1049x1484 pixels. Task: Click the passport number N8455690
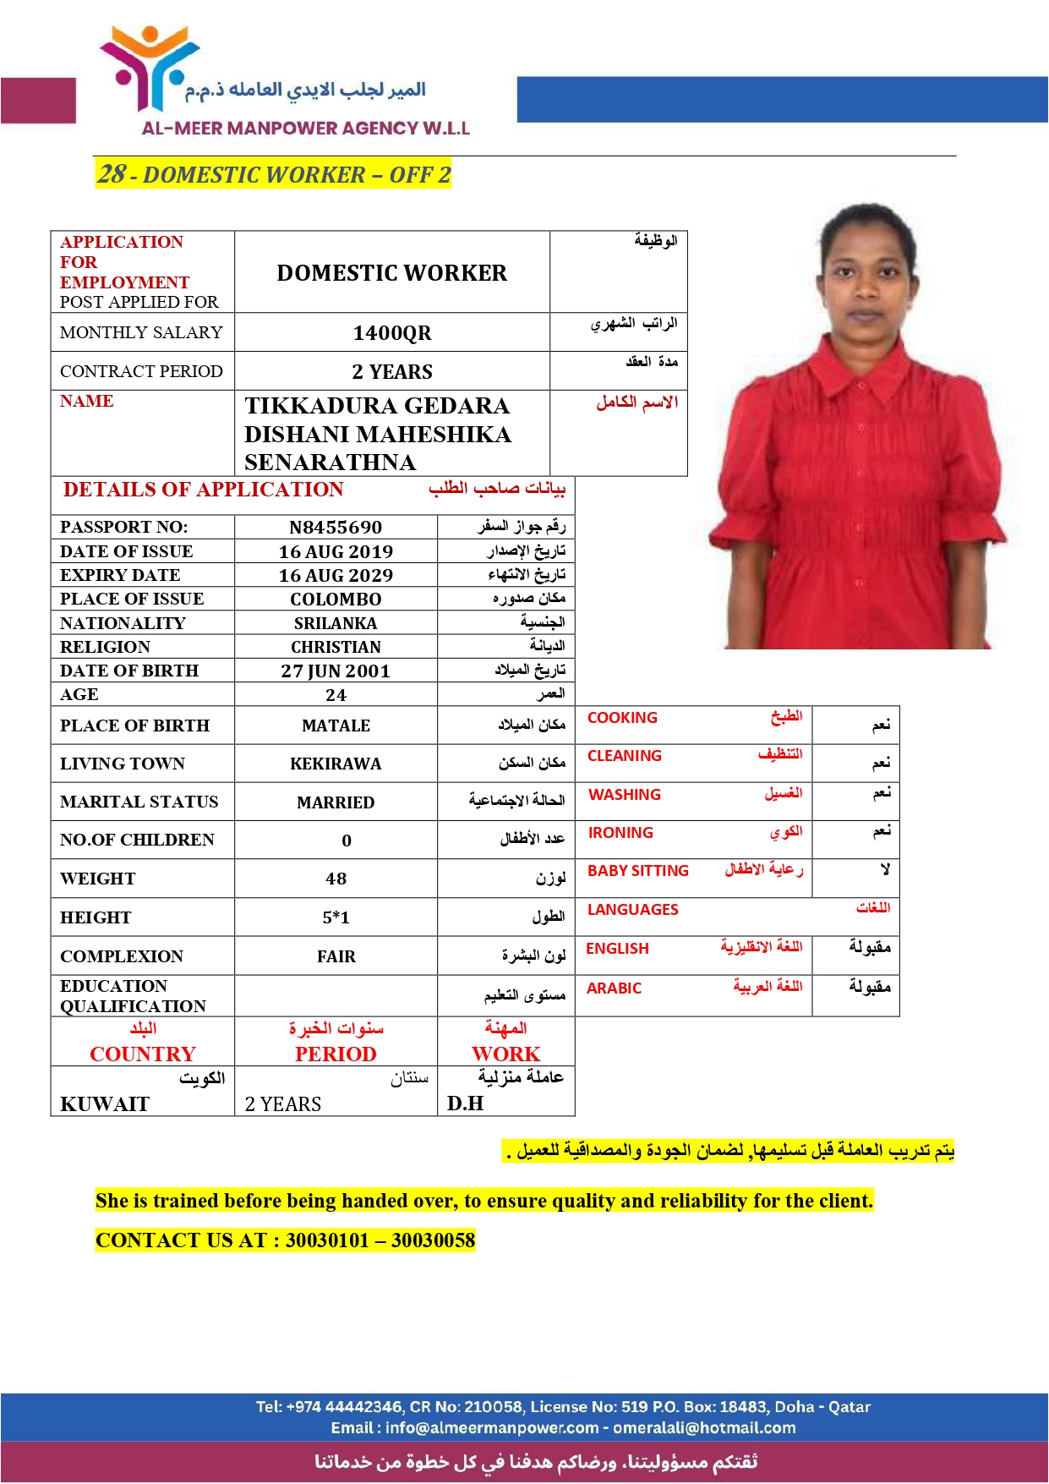coord(336,528)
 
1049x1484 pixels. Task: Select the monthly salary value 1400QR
coord(392,333)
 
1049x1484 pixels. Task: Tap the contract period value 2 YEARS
coord(392,372)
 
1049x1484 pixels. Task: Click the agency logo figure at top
coord(149,68)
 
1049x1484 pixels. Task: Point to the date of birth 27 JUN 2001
coord(336,671)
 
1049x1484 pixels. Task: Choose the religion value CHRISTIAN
coord(336,648)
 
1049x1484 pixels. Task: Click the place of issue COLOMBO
coord(336,600)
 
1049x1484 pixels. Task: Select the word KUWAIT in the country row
coord(105,1104)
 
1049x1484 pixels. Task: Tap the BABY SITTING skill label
coord(638,871)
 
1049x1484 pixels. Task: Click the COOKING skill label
coord(622,718)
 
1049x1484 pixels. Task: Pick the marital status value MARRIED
coord(336,802)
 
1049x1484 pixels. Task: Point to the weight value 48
coord(336,879)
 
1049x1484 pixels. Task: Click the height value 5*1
coord(336,918)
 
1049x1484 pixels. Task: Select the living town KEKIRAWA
coord(336,764)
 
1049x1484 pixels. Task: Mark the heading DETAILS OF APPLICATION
coord(203,490)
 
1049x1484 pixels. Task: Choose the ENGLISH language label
coord(617,949)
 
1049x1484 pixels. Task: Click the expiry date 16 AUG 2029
coord(336,576)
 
